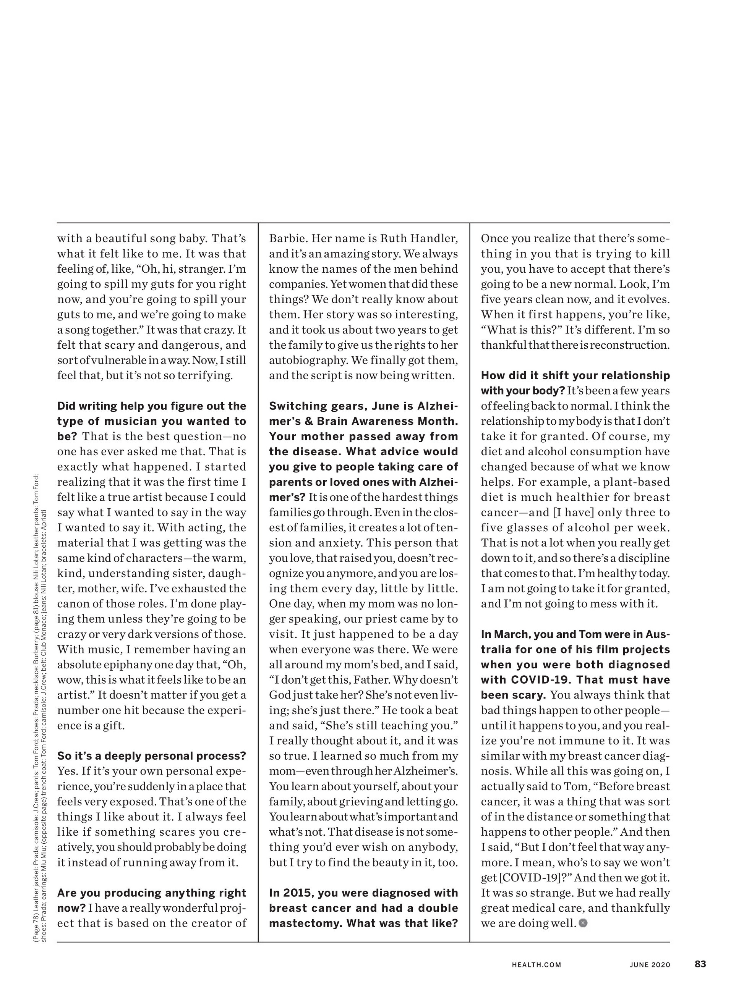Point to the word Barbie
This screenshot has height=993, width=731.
coord(288,239)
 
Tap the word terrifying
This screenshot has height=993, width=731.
coord(205,376)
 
